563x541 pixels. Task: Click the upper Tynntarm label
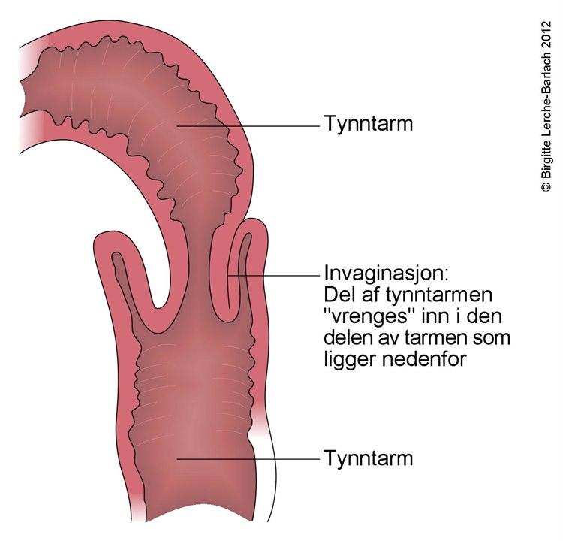(x=369, y=124)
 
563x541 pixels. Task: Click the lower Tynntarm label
(x=369, y=458)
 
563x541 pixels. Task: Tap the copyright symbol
(x=546, y=186)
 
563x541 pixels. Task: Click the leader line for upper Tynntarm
(x=248, y=126)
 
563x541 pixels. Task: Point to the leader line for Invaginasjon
(x=273, y=275)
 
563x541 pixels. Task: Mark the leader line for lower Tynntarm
(x=248, y=459)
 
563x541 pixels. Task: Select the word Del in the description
(x=336, y=295)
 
